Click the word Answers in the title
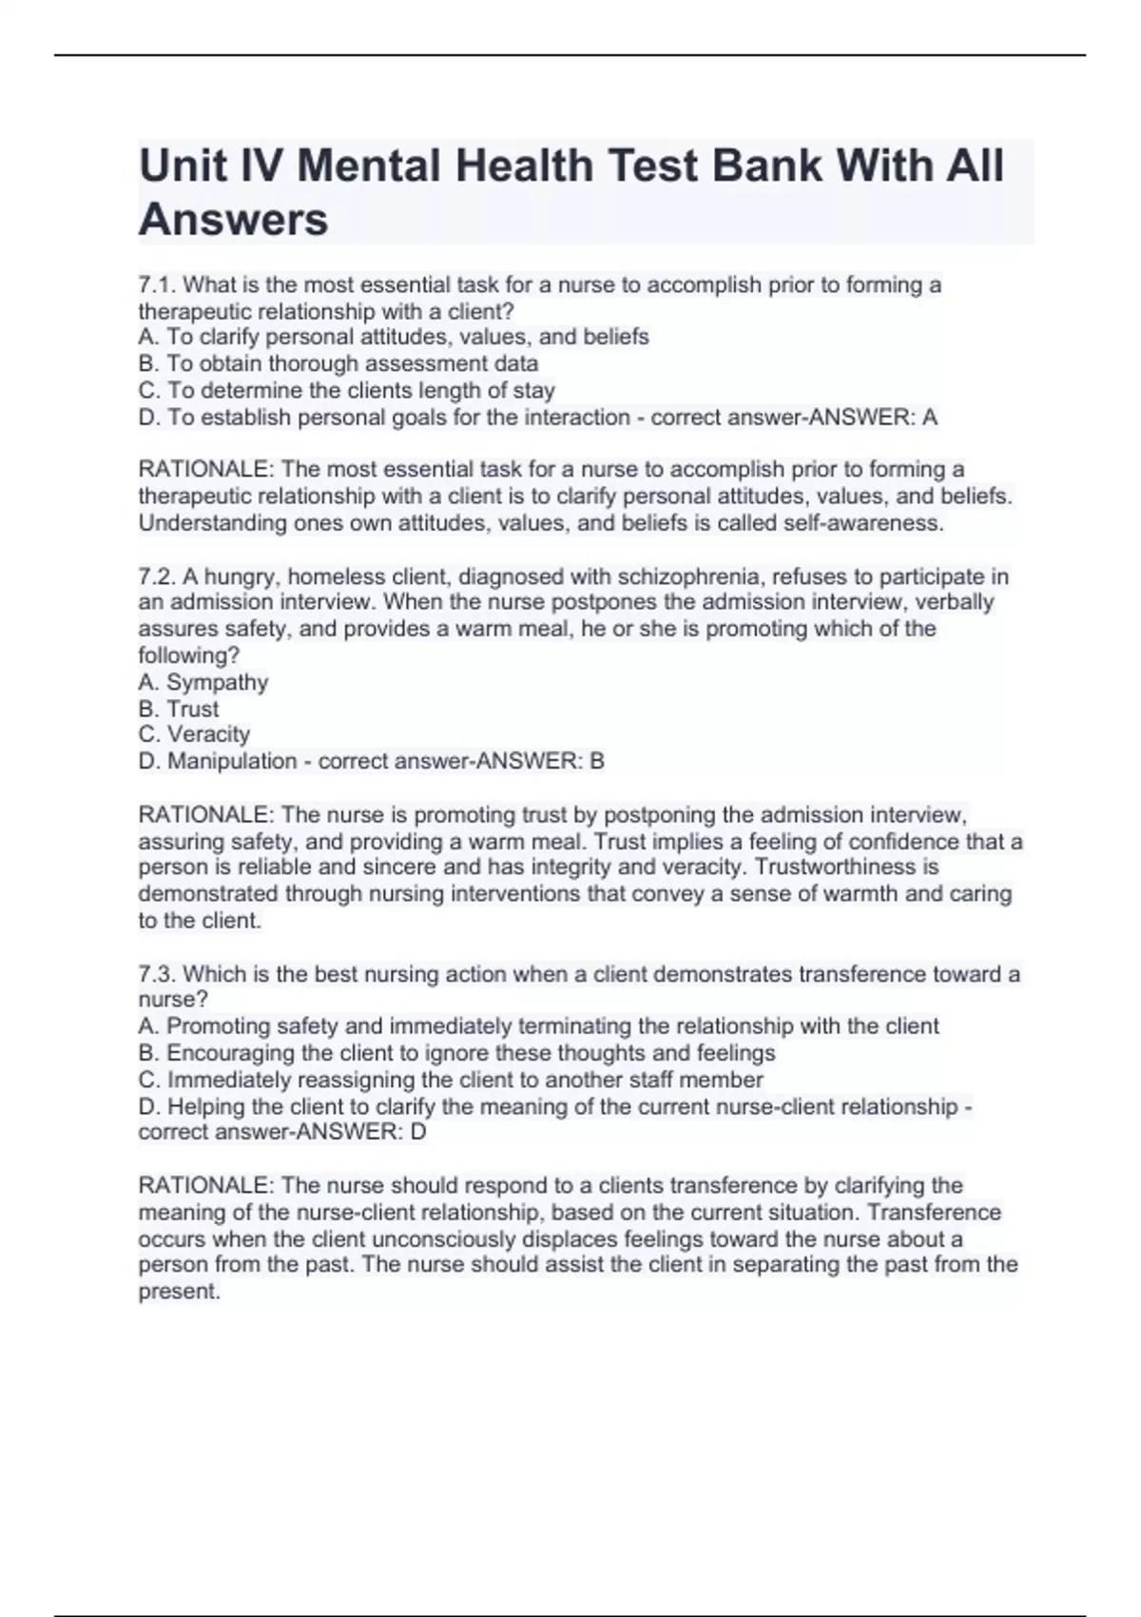(233, 220)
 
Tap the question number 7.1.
(157, 284)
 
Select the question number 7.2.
(157, 576)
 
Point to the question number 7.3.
(157, 974)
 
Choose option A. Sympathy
(203, 682)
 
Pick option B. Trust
(179, 709)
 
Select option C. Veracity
(195, 734)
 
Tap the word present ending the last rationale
(179, 1292)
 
